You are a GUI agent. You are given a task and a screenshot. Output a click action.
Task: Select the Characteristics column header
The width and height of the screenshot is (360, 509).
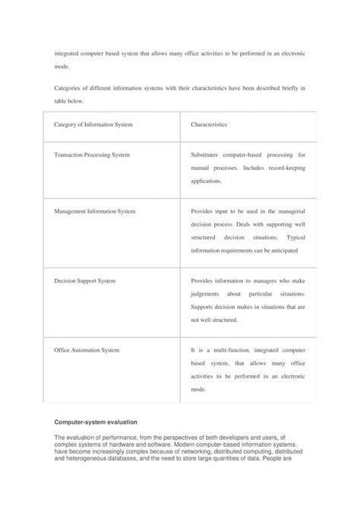click(x=211, y=124)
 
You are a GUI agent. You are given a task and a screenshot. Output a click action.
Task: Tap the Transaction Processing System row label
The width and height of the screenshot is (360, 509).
click(x=92, y=155)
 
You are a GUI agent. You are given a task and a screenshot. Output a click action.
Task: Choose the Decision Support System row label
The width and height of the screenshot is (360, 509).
click(x=85, y=280)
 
